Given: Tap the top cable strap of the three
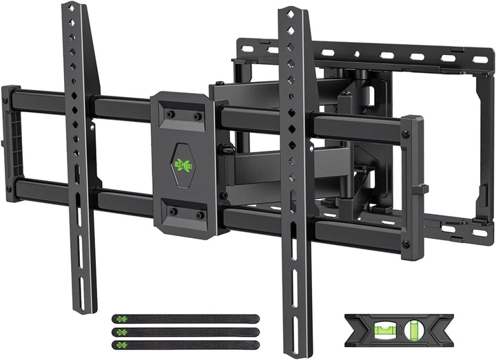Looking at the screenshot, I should [x=184, y=319].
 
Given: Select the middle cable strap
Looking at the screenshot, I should [x=184, y=332].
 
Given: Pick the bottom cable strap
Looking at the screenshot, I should [x=184, y=344].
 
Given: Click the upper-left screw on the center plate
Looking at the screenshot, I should [x=169, y=116].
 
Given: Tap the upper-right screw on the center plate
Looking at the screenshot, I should [x=197, y=116].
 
